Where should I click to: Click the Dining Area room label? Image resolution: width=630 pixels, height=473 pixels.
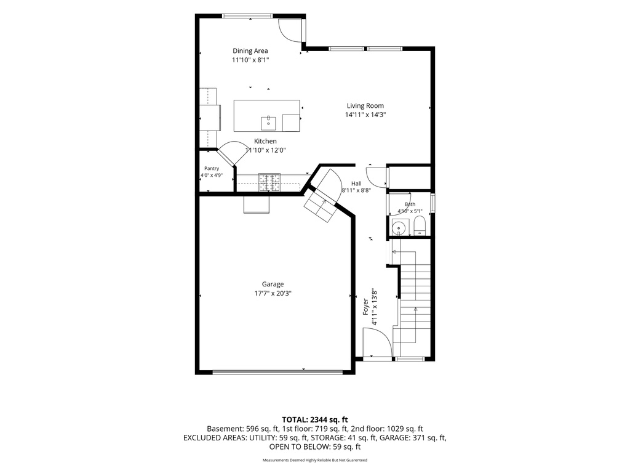click(250, 51)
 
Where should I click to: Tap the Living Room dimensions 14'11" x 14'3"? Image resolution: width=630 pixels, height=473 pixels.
click(365, 115)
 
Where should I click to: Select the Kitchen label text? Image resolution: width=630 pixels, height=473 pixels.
click(265, 141)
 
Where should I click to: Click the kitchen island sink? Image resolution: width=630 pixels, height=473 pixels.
click(268, 123)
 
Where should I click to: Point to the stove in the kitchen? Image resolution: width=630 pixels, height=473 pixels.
click(269, 182)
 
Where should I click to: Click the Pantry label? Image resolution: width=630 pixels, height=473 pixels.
click(212, 169)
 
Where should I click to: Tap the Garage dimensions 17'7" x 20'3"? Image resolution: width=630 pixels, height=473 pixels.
click(273, 294)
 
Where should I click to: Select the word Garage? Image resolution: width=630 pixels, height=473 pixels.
click(273, 285)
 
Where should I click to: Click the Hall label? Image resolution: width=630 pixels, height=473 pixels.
click(356, 184)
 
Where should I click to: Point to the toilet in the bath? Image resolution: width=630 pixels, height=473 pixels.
click(419, 225)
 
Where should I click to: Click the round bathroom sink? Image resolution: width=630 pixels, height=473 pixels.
click(399, 228)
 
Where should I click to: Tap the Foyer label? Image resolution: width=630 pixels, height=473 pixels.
click(365, 307)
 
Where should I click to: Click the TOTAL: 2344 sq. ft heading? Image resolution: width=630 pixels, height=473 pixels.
click(314, 420)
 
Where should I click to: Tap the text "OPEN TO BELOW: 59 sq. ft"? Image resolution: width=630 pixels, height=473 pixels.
click(314, 447)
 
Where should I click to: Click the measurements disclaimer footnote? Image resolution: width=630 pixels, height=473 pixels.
click(314, 460)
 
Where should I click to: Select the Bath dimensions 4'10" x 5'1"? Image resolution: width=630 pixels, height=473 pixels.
click(410, 211)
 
